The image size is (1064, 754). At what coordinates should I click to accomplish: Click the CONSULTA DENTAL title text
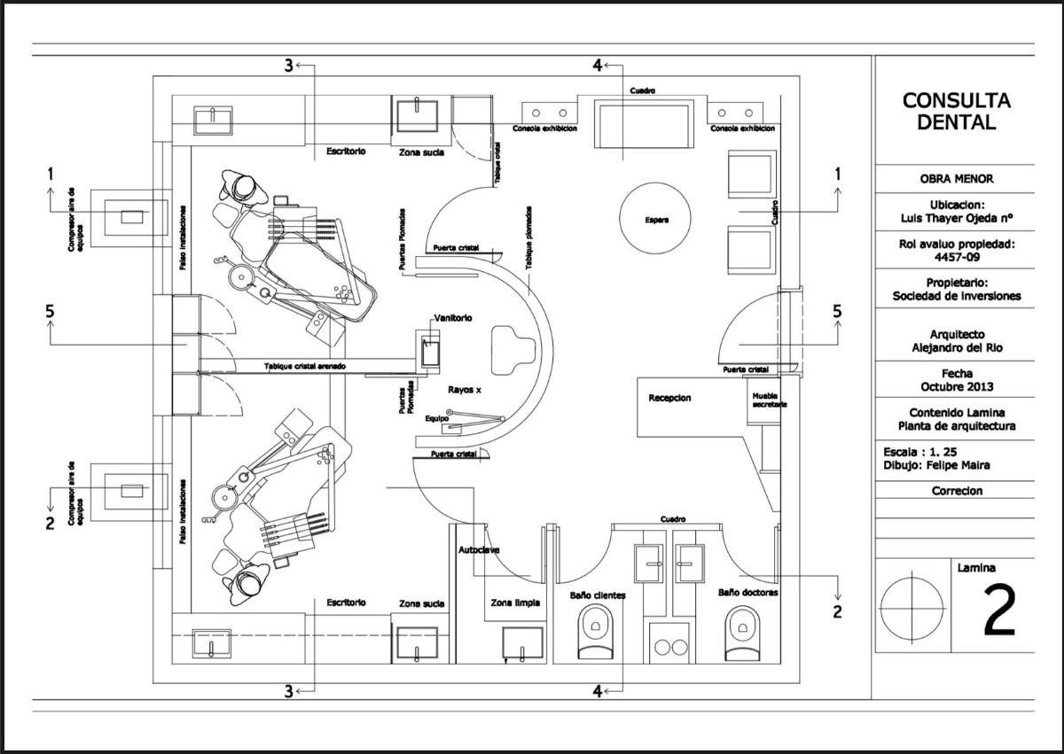956,112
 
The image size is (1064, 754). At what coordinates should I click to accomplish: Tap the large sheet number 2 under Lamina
999,611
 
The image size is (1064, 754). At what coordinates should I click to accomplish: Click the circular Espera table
657,218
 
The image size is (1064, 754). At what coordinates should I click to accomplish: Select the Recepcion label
669,399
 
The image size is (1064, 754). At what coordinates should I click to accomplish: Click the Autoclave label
479,550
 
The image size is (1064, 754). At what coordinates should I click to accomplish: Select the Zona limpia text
516,602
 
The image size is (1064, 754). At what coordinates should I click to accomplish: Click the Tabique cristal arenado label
304,366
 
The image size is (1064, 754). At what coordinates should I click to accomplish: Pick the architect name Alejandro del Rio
956,348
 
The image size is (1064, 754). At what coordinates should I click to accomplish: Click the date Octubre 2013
956,386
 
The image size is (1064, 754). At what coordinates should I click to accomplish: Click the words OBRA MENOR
956,178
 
